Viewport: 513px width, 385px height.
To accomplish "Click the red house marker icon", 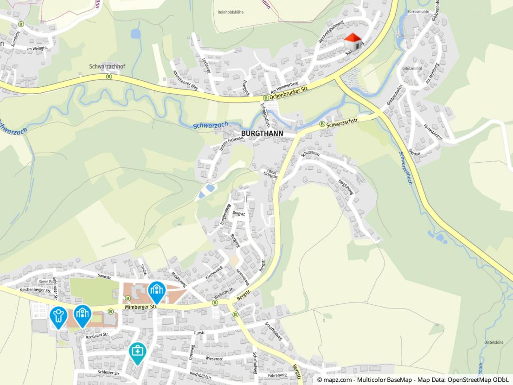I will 353,42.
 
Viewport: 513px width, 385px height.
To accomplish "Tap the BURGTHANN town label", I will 262,133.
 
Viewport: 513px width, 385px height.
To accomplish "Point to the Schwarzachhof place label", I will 107,67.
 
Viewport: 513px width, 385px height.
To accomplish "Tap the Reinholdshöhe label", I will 230,12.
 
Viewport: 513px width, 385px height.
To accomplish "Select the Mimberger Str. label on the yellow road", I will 141,307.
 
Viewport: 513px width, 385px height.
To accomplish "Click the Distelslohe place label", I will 494,343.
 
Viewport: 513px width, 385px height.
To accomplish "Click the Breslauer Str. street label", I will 97,335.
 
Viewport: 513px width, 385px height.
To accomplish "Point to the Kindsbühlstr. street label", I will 201,375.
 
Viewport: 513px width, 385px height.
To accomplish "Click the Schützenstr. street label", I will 310,154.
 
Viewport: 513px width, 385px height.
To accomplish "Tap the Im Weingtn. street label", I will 38,48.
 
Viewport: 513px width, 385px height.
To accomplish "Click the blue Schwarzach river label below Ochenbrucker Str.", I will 210,125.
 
